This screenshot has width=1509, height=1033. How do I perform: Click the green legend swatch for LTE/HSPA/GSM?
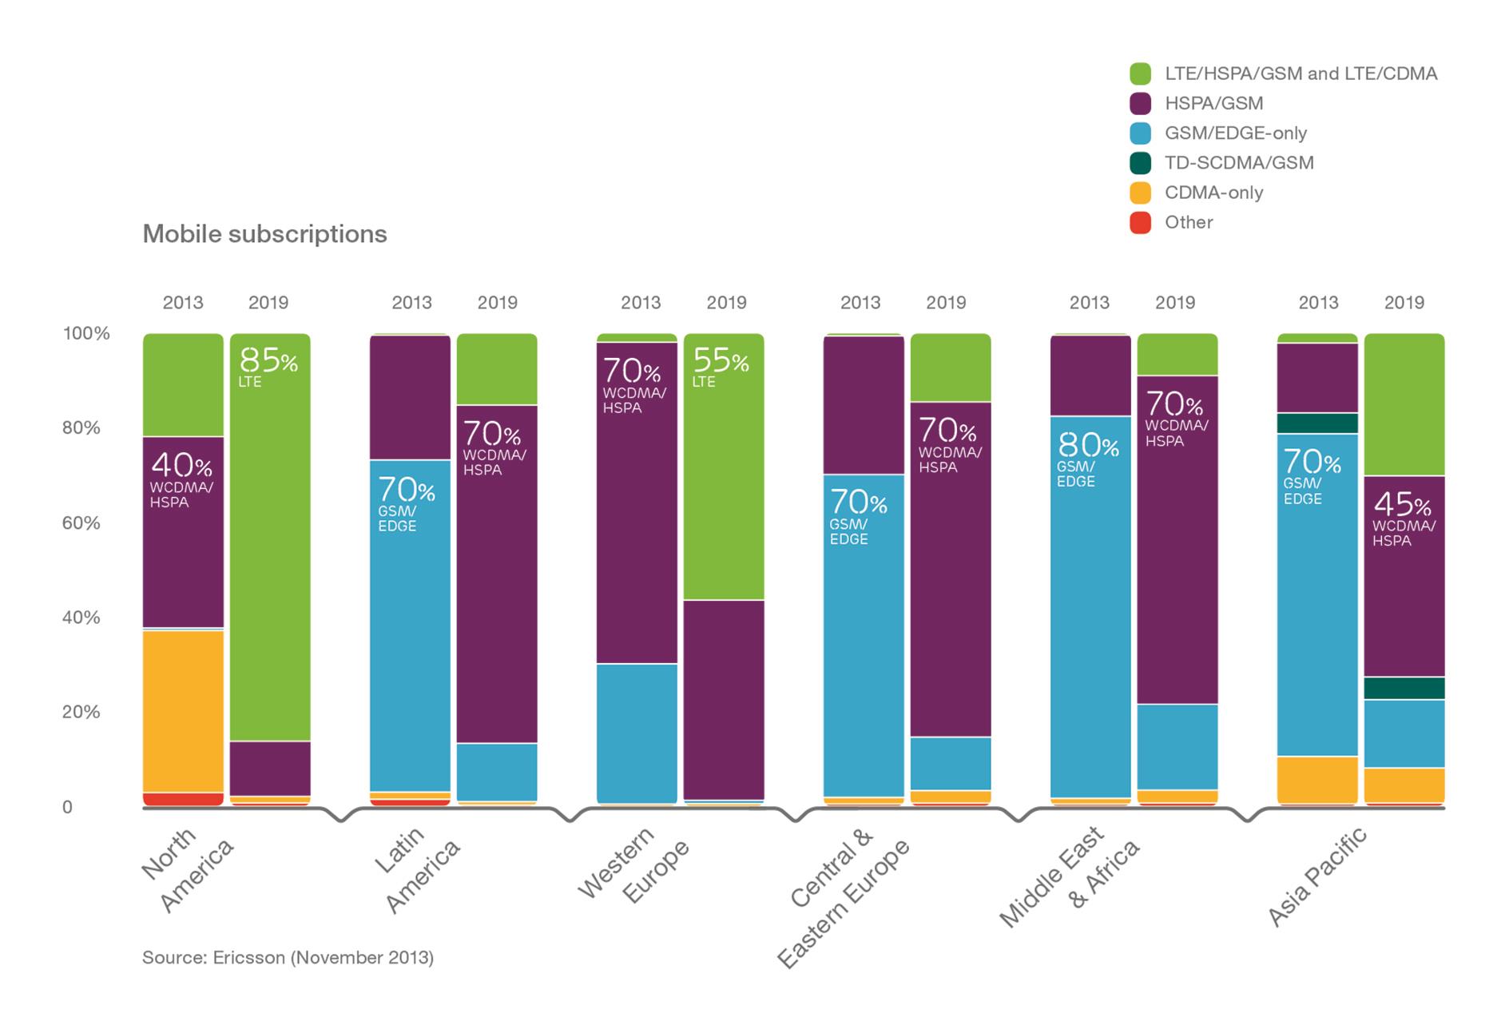click(1140, 74)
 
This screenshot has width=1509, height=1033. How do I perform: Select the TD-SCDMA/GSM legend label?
click(1238, 163)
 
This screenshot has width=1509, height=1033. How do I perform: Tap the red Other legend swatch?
click(1140, 222)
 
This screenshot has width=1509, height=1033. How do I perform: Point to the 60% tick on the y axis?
click(81, 522)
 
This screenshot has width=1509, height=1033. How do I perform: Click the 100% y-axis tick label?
click(85, 333)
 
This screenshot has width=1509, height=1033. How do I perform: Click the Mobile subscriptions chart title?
click(264, 234)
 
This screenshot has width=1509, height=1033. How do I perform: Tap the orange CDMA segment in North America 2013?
click(183, 711)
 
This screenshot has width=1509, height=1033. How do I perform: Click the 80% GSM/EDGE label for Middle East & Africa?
click(1087, 459)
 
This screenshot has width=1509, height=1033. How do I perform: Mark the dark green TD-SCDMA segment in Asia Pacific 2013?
click(1317, 423)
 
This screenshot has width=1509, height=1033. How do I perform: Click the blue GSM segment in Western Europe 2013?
click(637, 733)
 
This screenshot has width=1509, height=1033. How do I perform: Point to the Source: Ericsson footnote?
click(288, 957)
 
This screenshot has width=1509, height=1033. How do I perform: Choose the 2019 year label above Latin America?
click(497, 303)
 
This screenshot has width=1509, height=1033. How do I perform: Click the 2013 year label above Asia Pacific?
click(1318, 303)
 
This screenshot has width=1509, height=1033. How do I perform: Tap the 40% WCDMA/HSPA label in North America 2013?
click(181, 479)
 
